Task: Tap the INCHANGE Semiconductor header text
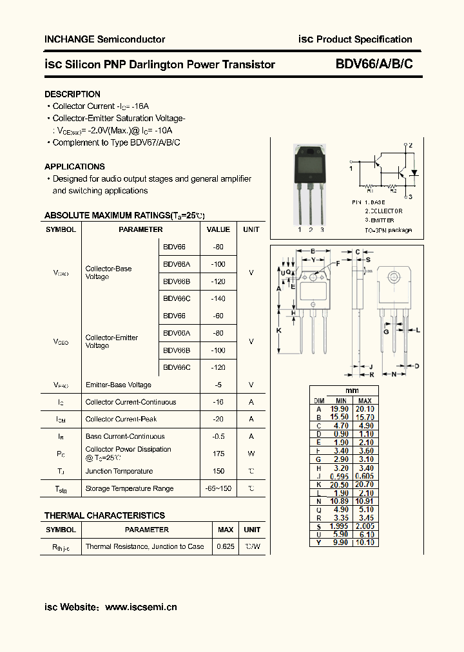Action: click(104, 39)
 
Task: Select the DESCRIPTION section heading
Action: click(72, 94)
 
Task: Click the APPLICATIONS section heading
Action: click(75, 166)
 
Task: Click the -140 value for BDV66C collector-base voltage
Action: click(218, 298)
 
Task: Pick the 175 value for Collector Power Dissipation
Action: click(218, 454)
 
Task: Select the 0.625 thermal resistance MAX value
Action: click(226, 546)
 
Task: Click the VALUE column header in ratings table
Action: click(218, 229)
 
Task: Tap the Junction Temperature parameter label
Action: click(119, 471)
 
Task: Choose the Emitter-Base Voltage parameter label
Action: click(119, 385)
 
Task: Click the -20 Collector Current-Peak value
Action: click(218, 419)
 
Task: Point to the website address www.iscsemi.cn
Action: click(140, 607)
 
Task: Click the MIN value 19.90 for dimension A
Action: click(339, 408)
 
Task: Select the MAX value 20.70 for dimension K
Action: click(365, 484)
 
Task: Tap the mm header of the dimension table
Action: click(352, 391)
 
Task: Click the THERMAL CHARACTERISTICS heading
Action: click(104, 515)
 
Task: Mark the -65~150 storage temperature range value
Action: click(218, 488)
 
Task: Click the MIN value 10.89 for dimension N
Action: click(339, 501)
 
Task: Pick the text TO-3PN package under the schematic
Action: click(388, 230)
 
